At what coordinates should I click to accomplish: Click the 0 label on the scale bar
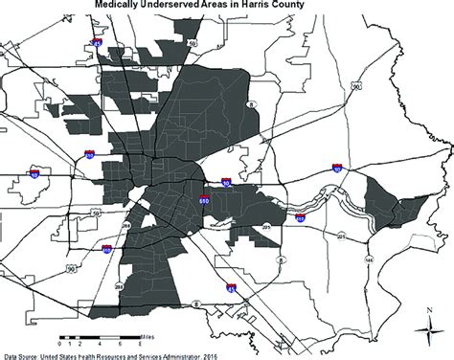click(61, 343)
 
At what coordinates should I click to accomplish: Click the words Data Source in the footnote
click(23, 353)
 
